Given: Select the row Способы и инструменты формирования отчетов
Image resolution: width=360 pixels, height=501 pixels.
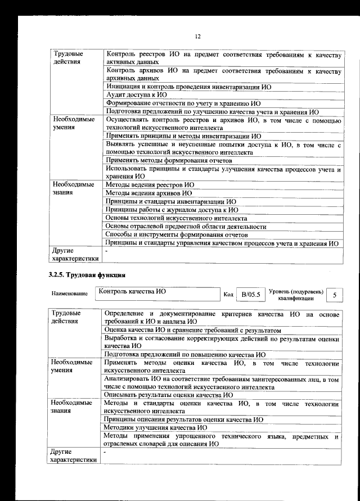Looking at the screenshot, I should click(177, 234).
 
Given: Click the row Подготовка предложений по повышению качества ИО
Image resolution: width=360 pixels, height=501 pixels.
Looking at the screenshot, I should click(185, 354).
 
